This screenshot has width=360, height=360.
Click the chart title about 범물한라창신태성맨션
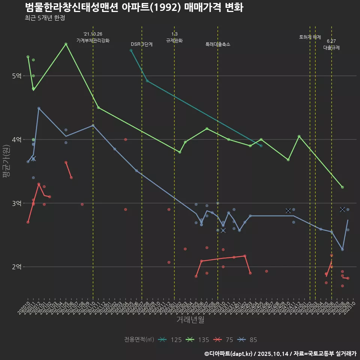pyautogui.click(x=134, y=7)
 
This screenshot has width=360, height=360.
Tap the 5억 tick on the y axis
pyautogui.click(x=16, y=76)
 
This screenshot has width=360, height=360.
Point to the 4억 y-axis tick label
pyautogui.click(x=16, y=139)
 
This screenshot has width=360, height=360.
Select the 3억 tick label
pyautogui.click(x=16, y=203)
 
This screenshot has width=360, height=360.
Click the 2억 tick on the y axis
pyautogui.click(x=16, y=267)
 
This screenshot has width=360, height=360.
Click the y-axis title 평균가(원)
pyautogui.click(x=6, y=161)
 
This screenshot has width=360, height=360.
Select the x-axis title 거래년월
pyautogui.click(x=190, y=319)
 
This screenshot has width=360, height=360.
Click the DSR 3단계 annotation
pyautogui.click(x=142, y=44)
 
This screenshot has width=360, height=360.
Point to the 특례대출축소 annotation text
pyautogui.click(x=218, y=44)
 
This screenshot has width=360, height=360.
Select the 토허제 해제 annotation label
pyautogui.click(x=310, y=37)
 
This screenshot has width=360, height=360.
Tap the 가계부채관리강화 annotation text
pyautogui.click(x=93, y=40)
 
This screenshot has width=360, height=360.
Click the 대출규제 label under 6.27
pyautogui.click(x=331, y=48)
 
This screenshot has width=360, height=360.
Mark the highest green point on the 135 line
pyautogui.click(x=66, y=44)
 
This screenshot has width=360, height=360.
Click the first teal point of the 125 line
pyautogui.click(x=131, y=50)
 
